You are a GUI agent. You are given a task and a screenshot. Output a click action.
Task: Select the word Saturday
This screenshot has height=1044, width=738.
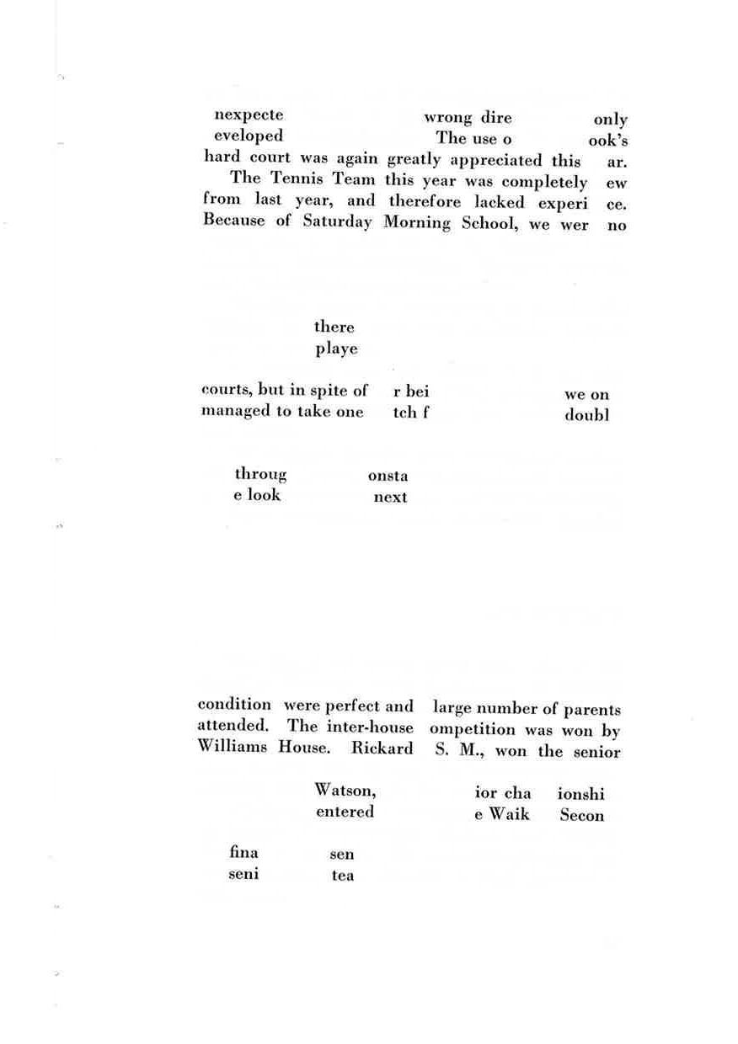[337, 223]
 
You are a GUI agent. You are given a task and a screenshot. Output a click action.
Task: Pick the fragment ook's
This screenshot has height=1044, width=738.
[608, 140]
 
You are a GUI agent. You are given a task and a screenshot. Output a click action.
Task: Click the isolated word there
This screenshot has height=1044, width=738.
[334, 327]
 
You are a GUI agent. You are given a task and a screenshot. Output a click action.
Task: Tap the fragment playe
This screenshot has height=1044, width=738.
[336, 349]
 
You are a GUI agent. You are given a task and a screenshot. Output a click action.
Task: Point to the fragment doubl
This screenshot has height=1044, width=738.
[586, 416]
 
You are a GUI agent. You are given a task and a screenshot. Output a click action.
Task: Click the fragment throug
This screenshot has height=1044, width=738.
[260, 475]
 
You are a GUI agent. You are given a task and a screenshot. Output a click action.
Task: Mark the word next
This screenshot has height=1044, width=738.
[390, 497]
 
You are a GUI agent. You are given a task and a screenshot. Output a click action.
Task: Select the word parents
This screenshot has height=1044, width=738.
[592, 710]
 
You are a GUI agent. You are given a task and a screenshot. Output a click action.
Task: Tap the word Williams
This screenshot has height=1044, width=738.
[232, 748]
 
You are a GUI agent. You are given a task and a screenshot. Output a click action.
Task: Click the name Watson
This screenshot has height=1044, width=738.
[345, 791]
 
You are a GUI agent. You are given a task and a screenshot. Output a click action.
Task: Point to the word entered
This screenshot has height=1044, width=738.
[345, 812]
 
